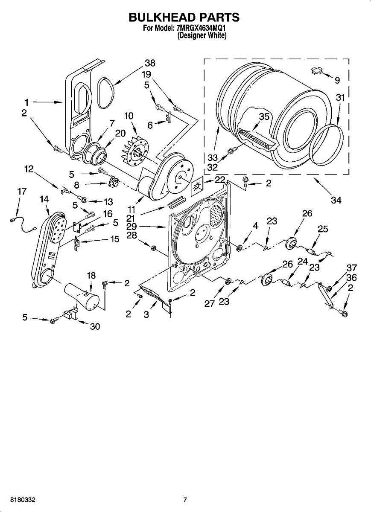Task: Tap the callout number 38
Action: (150, 63)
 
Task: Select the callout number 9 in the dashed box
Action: (337, 80)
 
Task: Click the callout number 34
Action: (336, 200)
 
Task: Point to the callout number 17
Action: (22, 191)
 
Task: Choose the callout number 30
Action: (95, 326)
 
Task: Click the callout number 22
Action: (220, 180)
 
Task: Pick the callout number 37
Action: (351, 268)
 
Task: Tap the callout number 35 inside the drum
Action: (264, 117)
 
